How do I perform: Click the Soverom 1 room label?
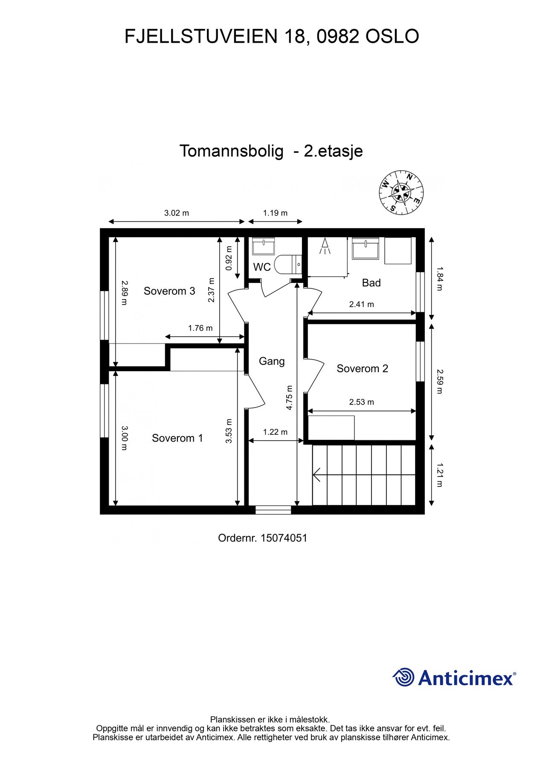tap(177, 438)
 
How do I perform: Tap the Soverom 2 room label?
tap(362, 369)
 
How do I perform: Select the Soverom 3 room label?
tap(169, 291)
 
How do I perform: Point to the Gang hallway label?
tap(272, 361)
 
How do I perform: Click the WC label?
tap(262, 267)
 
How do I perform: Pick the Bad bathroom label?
tap(371, 282)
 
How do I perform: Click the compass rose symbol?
tap(401, 193)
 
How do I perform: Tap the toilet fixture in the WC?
tap(287, 265)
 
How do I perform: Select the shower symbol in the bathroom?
tap(325, 247)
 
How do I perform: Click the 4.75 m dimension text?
tap(290, 398)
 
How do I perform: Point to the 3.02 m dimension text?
tap(177, 213)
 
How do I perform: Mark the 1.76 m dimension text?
tap(200, 328)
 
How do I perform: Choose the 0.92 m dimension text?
tap(229, 258)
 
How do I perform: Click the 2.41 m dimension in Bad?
tap(361, 304)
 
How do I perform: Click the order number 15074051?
tap(284, 538)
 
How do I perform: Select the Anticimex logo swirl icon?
tap(404, 677)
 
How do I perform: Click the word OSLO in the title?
tap(392, 37)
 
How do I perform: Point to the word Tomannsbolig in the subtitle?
tap(231, 151)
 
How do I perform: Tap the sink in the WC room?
tap(264, 247)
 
